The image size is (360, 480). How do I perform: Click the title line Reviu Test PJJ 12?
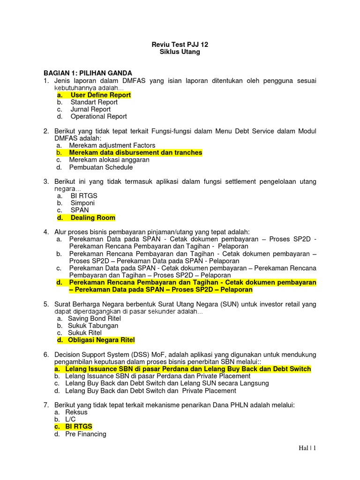click(180, 45)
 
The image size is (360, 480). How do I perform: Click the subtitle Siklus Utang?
click(180, 52)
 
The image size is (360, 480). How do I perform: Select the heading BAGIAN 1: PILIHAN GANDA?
click(88, 73)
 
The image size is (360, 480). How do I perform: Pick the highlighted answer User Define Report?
click(100, 95)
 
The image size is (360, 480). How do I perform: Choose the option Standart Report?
click(94, 102)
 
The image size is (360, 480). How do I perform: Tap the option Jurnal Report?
click(90, 109)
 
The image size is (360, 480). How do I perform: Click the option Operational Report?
click(98, 116)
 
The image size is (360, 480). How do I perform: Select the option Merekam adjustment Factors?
click(112, 145)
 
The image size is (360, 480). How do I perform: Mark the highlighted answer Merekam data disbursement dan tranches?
click(135, 153)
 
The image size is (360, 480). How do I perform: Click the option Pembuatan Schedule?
click(101, 167)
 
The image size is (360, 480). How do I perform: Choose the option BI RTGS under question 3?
click(84, 196)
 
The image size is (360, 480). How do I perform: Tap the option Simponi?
click(82, 203)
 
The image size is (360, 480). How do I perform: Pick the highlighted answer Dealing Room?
click(93, 217)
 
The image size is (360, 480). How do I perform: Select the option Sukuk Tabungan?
click(93, 325)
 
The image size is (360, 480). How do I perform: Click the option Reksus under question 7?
click(76, 412)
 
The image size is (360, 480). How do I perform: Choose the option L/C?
click(71, 419)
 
